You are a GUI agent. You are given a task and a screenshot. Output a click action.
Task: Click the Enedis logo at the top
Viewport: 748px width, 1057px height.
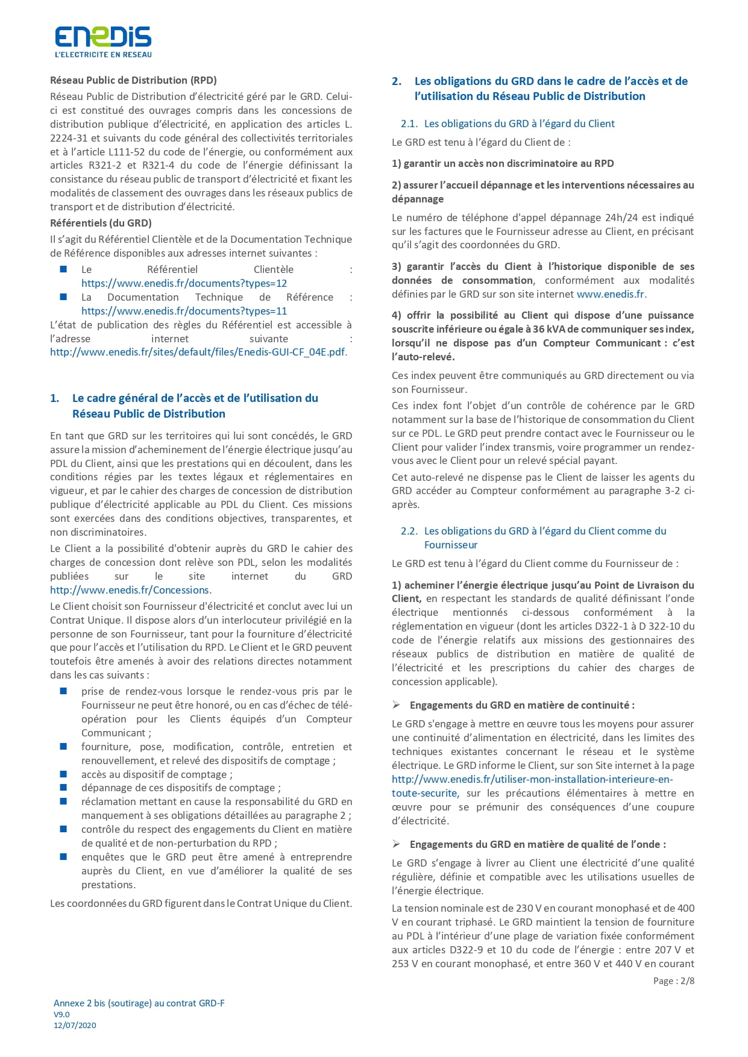pos(103,41)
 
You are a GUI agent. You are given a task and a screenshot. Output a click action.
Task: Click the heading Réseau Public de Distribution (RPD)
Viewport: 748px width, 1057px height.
pos(133,80)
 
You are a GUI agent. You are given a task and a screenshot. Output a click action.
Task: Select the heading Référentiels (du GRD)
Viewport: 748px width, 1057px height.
pos(101,223)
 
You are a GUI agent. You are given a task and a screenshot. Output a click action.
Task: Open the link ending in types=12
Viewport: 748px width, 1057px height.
pos(184,283)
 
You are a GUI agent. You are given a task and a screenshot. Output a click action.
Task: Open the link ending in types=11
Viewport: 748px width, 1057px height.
pos(184,311)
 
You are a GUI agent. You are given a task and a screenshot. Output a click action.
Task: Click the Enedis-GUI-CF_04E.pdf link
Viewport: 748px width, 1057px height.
pos(198,352)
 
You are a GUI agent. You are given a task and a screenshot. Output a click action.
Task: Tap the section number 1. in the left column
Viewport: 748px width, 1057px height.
pos(55,398)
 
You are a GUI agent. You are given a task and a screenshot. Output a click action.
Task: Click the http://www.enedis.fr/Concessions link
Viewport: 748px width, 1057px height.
pos(130,590)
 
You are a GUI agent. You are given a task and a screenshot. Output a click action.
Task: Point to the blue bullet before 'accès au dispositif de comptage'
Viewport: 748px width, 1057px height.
pos(63,774)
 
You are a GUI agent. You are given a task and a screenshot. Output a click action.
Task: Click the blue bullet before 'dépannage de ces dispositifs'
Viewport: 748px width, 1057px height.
pos(63,787)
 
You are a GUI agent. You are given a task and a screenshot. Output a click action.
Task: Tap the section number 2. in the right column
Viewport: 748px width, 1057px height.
pos(397,81)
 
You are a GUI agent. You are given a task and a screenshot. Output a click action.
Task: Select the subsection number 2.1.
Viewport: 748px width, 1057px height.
pos(409,124)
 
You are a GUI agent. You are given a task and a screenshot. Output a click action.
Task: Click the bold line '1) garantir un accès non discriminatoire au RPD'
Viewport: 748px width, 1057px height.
pos(503,163)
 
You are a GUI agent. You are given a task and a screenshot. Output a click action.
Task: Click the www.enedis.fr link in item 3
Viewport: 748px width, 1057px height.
pos(611,294)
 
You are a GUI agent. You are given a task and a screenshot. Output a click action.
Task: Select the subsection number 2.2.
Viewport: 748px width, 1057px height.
pos(409,531)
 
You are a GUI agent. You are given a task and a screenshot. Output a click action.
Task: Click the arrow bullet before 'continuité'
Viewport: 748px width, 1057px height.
pos(397,705)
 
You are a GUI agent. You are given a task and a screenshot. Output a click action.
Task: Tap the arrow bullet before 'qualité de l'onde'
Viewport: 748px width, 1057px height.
pos(397,844)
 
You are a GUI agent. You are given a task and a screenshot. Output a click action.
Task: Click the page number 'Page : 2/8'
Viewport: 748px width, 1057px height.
pos(673,981)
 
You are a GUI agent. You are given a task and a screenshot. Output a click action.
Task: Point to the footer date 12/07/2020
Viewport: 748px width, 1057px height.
pos(75,1025)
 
